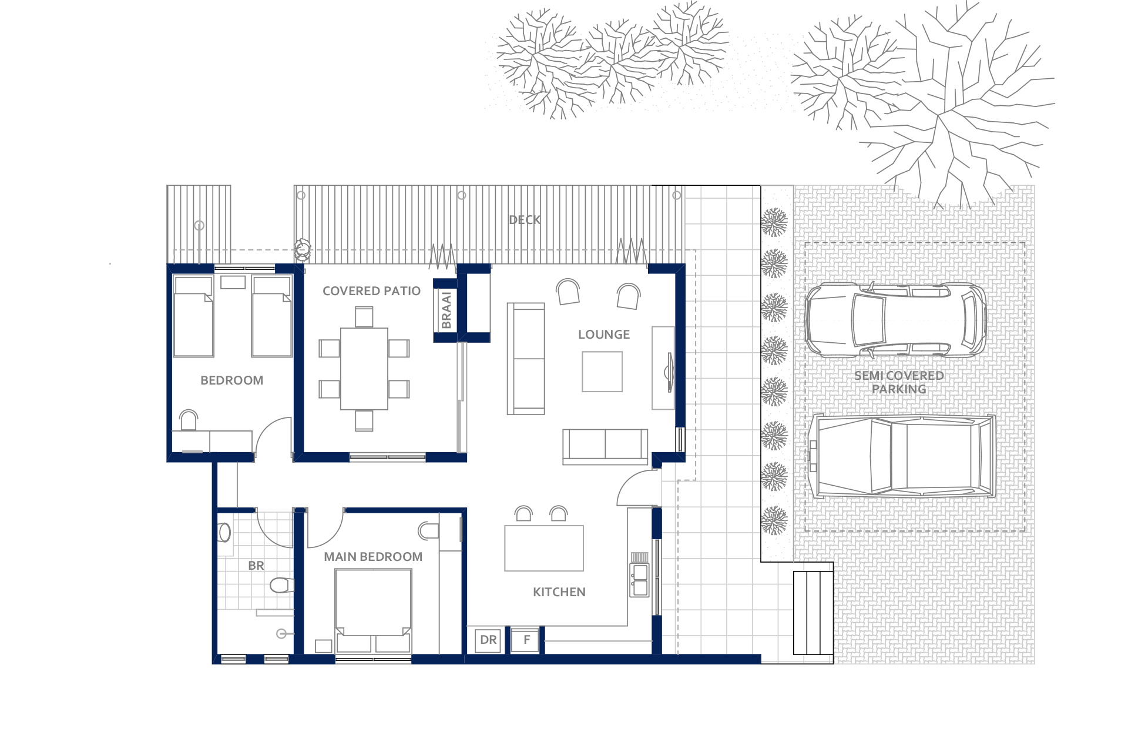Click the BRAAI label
[x=446, y=310]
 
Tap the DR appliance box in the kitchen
[x=488, y=640]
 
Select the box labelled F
[x=526, y=640]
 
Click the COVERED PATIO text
[x=371, y=291]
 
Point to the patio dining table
[x=364, y=369]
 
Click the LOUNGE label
[x=604, y=335]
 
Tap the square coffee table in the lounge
[x=602, y=372]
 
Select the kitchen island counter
[x=544, y=548]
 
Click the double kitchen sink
[x=640, y=580]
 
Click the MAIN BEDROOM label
[x=373, y=557]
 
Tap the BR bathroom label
[x=256, y=566]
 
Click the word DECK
[x=525, y=220]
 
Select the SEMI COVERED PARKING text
[x=899, y=382]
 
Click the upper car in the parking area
[x=896, y=320]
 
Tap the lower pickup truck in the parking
[x=902, y=456]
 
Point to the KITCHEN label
[x=559, y=592]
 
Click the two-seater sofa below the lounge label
[x=605, y=446]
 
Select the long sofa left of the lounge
[x=526, y=359]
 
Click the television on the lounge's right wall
[x=669, y=372]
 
